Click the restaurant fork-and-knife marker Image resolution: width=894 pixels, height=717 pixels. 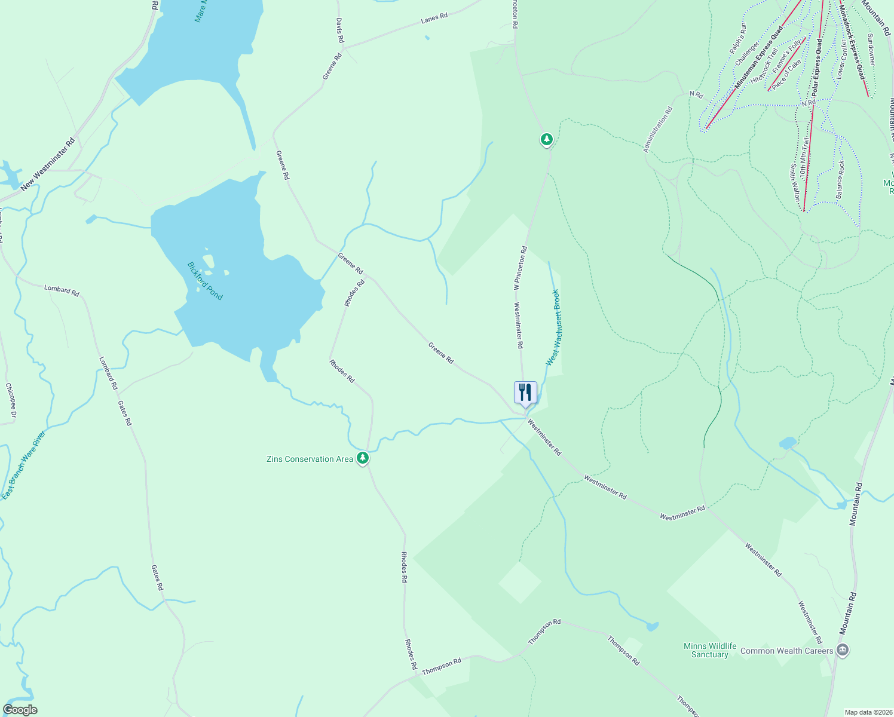click(525, 393)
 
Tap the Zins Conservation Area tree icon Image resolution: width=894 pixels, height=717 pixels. click(362, 458)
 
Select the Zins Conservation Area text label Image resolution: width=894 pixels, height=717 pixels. click(310, 459)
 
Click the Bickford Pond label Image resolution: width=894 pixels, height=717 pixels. click(205, 281)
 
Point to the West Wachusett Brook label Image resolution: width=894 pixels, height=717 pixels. click(553, 327)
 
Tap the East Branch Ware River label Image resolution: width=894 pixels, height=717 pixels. click(23, 465)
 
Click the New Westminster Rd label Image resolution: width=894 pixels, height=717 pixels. click(48, 165)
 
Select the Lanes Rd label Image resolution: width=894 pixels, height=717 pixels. click(434, 19)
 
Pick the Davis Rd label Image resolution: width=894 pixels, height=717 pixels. click(339, 30)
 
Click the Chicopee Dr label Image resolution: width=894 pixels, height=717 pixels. click(11, 400)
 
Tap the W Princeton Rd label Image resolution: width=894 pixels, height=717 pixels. click(519, 268)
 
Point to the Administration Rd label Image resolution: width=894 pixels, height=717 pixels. click(658, 130)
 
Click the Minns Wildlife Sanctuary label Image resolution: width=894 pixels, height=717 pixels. click(710, 650)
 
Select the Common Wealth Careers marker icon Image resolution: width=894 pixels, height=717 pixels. click(843, 650)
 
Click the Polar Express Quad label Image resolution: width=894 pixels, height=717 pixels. click(817, 68)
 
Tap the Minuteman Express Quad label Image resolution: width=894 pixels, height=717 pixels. click(759, 57)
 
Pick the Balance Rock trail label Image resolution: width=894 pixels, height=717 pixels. click(840, 180)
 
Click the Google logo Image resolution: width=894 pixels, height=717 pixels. click(20, 710)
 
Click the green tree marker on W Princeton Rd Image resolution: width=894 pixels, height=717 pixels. click(546, 140)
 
